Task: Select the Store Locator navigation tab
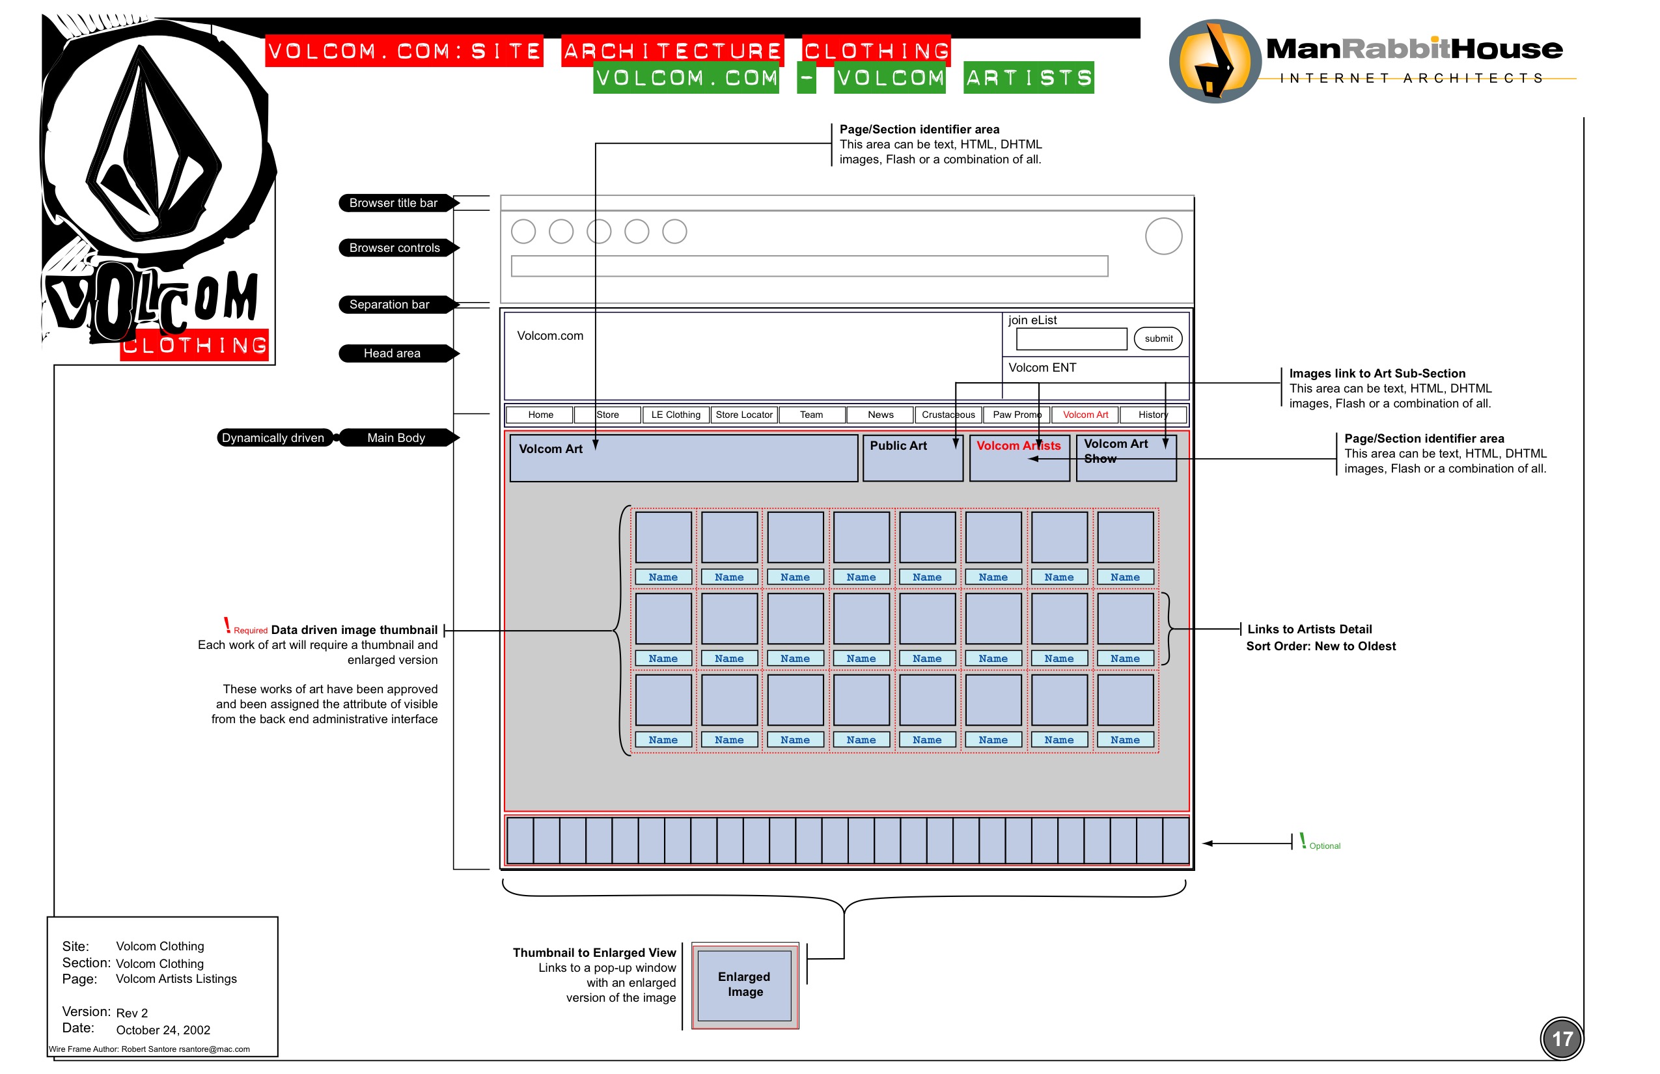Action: pos(743,415)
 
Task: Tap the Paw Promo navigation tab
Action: pos(1016,415)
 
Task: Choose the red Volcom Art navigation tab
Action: pos(1085,415)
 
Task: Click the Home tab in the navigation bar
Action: pos(540,415)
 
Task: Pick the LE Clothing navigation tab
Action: pos(675,415)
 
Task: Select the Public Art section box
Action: pos(912,458)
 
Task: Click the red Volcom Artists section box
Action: pos(1019,458)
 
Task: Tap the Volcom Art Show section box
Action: pos(1126,458)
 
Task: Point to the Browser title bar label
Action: pos(393,203)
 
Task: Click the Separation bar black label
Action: pos(390,305)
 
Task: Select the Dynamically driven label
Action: pos(273,438)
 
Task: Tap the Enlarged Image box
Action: pos(744,985)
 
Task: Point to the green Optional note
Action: pos(1323,846)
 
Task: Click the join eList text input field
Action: pos(1072,339)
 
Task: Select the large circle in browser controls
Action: pos(1163,236)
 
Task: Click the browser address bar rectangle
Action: pos(809,266)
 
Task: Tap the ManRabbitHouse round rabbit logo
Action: pos(1214,61)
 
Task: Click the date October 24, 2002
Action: pos(163,1030)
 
